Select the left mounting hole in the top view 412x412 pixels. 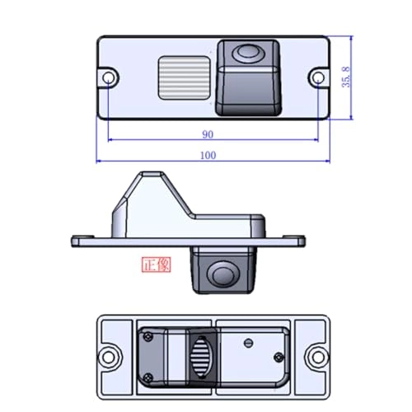pyautogui.click(x=108, y=77)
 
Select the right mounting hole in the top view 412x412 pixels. pyautogui.click(x=318, y=77)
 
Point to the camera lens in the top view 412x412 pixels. pyautogui.click(x=246, y=54)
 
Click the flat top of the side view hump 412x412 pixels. pyautogui.click(x=150, y=175)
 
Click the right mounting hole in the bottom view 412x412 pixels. pyautogui.click(x=317, y=358)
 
